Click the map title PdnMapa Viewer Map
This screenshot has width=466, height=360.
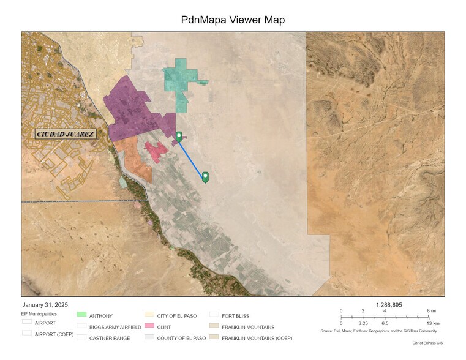coord(233,20)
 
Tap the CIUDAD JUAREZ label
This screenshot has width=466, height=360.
coord(65,134)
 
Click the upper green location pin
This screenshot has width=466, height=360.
coord(179,137)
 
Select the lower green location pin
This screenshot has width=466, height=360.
coord(205,177)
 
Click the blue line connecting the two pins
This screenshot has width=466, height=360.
coord(192,158)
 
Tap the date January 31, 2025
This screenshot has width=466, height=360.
coord(45,305)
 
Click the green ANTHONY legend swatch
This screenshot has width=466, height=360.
coord(81,316)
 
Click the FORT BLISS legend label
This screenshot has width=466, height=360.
coord(236,316)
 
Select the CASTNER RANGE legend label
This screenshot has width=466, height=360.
coord(109,338)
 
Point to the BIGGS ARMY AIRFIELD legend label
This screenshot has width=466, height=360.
coord(115,327)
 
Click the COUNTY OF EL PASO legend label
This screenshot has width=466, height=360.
coord(181,338)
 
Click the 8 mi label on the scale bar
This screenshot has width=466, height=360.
coord(430,311)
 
